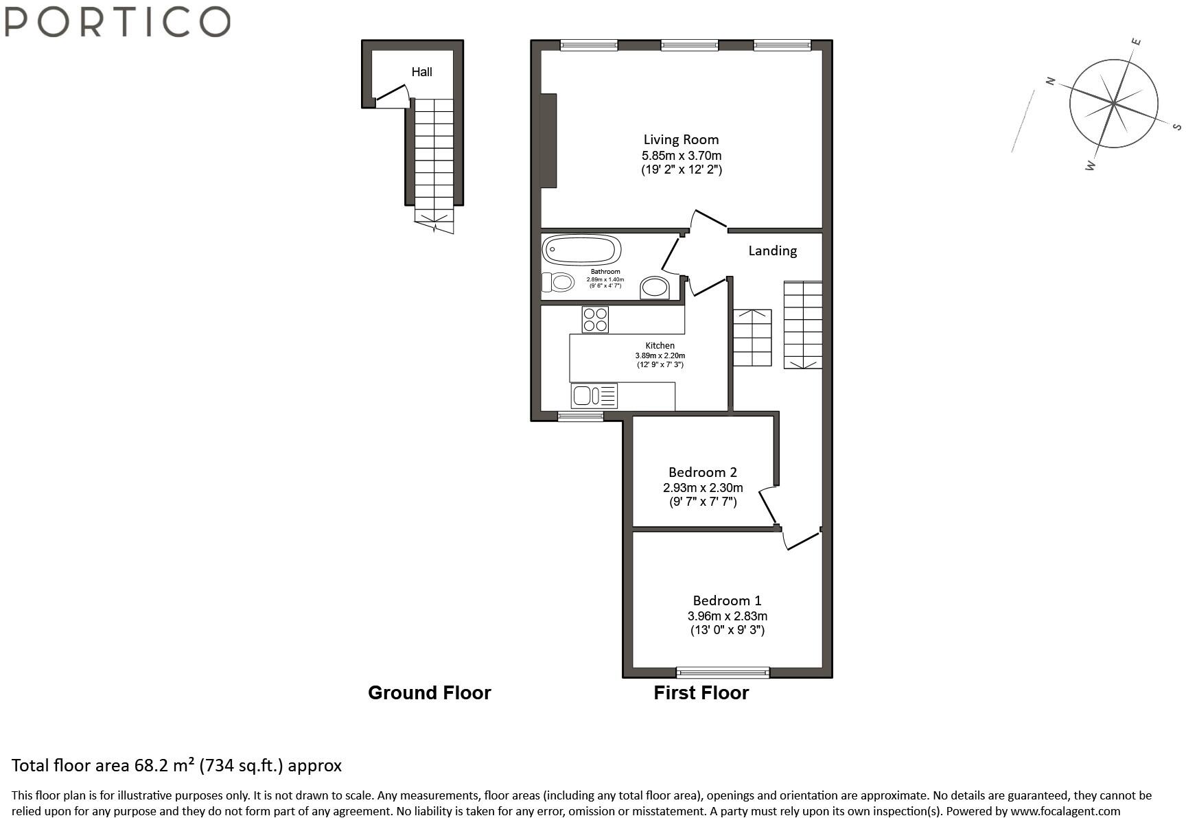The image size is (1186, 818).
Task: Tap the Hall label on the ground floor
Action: tap(421, 71)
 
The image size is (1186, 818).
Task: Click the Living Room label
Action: tap(681, 139)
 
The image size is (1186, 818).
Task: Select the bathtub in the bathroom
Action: tap(582, 250)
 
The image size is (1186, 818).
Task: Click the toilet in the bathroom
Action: tap(558, 282)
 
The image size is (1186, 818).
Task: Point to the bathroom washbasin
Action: tap(655, 288)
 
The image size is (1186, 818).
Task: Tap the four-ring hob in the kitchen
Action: tap(595, 319)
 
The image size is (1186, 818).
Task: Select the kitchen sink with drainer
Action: tap(594, 396)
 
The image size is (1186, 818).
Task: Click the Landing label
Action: tap(772, 250)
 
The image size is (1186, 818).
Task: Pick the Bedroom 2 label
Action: tap(702, 472)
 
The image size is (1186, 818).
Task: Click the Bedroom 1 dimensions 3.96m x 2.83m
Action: tap(727, 616)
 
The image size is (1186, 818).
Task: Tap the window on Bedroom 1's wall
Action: tap(723, 673)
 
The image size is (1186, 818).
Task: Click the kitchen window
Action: tap(580, 416)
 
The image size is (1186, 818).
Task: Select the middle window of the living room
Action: tap(689, 45)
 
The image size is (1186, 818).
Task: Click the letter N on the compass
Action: tap(1050, 81)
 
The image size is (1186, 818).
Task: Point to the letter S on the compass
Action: tap(1176, 127)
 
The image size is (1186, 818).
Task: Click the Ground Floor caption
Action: tap(430, 692)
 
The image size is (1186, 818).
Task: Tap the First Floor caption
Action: tap(701, 692)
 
